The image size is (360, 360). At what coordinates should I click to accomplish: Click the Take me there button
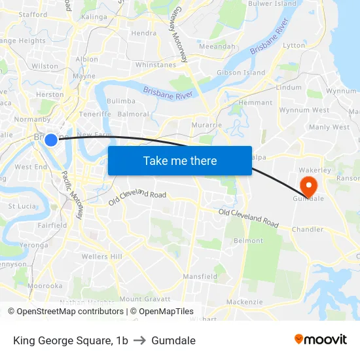tap(180, 160)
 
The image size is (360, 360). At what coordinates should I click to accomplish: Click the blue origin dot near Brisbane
tap(51, 139)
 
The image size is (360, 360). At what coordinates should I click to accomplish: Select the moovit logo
tap(321, 340)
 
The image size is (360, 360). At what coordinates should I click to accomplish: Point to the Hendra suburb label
tap(143, 33)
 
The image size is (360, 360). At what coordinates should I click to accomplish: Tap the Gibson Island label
tap(241, 73)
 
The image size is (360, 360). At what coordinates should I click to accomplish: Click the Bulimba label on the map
tap(121, 101)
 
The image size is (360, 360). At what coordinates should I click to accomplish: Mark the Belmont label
tap(248, 241)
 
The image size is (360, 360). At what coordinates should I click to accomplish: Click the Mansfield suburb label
tap(200, 277)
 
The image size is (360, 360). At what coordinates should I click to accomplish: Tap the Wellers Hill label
tap(102, 257)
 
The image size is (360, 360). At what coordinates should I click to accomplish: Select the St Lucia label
tap(21, 206)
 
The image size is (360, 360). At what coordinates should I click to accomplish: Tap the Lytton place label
tap(294, 46)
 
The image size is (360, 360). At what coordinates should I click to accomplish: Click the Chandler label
tap(308, 230)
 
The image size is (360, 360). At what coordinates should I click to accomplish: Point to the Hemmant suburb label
tap(255, 103)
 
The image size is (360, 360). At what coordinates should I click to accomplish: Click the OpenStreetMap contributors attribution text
tap(67, 312)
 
